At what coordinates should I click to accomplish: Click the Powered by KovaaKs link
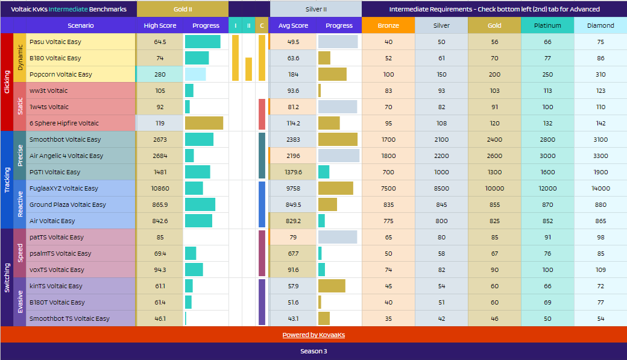(x=313, y=335)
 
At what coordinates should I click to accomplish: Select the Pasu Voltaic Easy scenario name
(x=55, y=42)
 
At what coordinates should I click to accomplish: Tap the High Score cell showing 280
(x=160, y=74)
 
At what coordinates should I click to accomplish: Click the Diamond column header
(x=600, y=25)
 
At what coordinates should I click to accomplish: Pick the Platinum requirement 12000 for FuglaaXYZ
(x=547, y=188)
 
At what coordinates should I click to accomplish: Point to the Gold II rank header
(x=183, y=9)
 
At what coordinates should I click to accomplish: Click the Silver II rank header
(x=316, y=9)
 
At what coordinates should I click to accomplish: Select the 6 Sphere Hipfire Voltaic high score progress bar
(x=204, y=123)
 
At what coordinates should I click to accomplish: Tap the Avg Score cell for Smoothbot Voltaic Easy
(x=293, y=140)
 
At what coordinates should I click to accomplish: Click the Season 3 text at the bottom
(x=313, y=351)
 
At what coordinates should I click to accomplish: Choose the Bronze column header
(x=388, y=25)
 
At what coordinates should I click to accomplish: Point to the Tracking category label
(x=7, y=180)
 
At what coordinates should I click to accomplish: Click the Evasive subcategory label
(x=20, y=302)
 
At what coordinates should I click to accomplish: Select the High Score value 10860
(x=160, y=188)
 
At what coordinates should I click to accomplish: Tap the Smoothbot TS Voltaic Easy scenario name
(x=69, y=318)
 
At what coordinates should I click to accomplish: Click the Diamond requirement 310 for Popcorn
(x=600, y=74)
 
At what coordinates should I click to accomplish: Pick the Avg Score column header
(x=293, y=25)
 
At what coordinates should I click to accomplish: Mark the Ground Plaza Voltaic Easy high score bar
(x=200, y=204)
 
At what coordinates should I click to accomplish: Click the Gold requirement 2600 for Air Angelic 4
(x=494, y=156)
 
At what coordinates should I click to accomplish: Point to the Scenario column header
(x=80, y=25)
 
